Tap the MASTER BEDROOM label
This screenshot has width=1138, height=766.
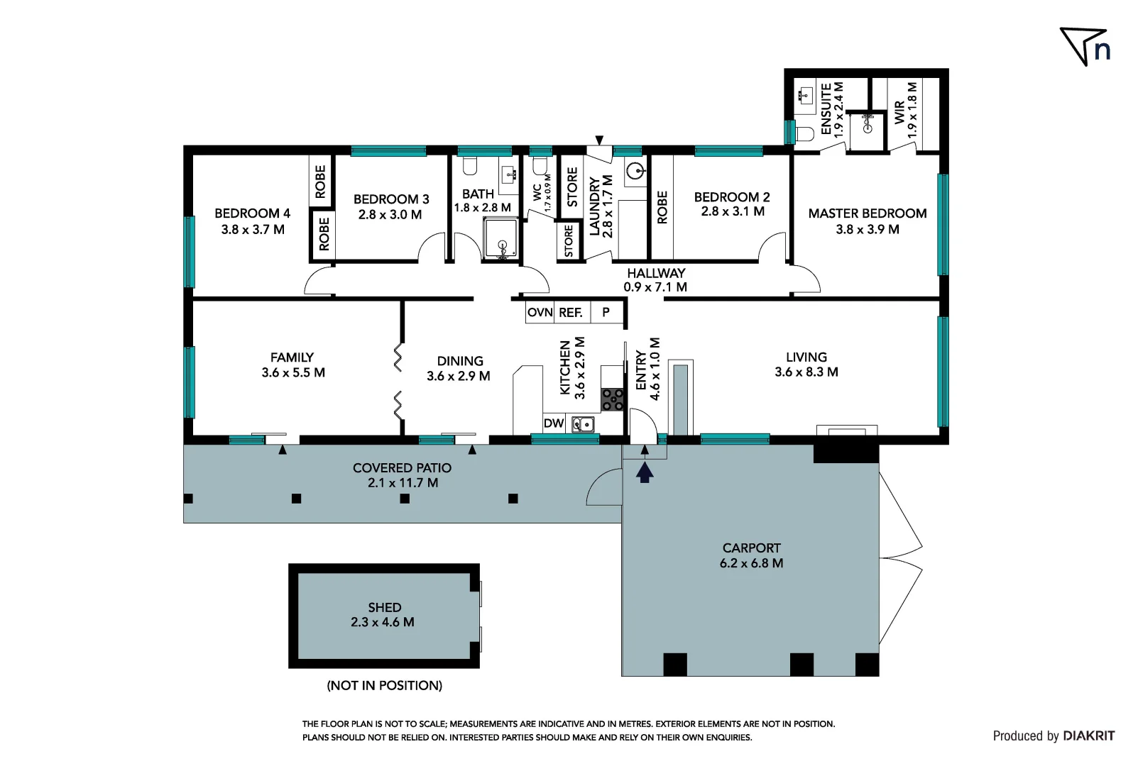pos(867,213)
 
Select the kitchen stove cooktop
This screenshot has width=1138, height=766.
pos(612,399)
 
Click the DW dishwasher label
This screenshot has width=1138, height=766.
pos(554,423)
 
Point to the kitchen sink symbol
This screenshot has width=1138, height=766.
pos(583,424)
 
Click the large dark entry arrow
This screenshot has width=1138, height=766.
pos(644,472)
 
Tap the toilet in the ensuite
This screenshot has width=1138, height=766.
pos(804,133)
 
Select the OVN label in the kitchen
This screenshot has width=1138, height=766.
pos(540,312)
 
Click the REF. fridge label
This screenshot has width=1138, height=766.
pos(571,312)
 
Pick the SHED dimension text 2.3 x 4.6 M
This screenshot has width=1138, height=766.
pos(382,622)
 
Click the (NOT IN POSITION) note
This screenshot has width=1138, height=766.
pos(384,685)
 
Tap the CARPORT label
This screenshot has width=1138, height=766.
pos(751,548)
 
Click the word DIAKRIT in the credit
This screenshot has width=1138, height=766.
pos(1089,736)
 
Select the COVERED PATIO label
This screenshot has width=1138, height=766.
pos(402,468)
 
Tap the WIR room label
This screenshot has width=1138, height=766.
pos(899,112)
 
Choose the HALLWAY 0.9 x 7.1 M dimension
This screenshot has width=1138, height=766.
pos(655,287)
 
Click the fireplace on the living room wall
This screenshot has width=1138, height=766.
pos(846,430)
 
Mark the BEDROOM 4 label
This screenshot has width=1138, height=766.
pos(252,213)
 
